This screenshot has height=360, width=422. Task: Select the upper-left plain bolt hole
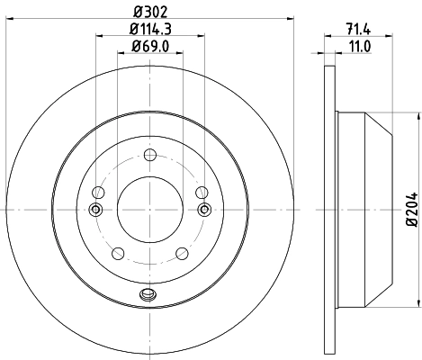tap(99, 191)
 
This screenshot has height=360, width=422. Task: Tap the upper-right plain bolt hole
tap(201, 191)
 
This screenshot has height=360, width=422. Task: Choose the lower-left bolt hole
tap(118, 253)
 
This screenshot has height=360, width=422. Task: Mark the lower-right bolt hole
tap(182, 253)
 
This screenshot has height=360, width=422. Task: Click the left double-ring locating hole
tap(96, 210)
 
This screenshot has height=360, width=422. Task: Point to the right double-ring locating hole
tap(204, 210)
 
